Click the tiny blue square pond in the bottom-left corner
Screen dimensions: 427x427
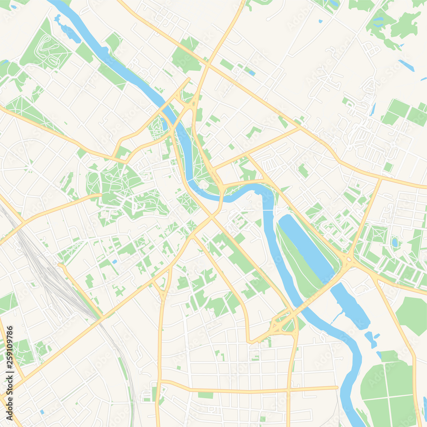pyautogui.click(x=41, y=412)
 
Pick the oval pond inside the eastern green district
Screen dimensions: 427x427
pyautogui.click(x=395, y=243)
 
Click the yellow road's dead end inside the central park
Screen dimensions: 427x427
pyautogui.click(x=101, y=195)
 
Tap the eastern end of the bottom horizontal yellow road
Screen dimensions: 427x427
pyautogui.click(x=337, y=388)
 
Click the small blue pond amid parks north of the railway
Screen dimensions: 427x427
pyautogui.click(x=114, y=261)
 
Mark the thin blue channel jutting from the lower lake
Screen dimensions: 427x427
pyautogui.click(x=337, y=316)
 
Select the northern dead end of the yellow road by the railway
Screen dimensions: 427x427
pyautogui.click(x=60, y=266)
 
